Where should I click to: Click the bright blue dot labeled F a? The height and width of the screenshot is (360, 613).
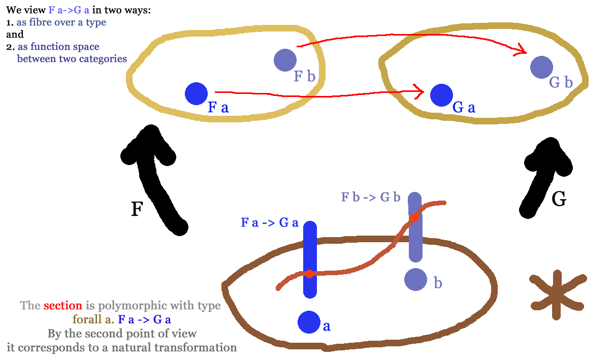click(x=196, y=93)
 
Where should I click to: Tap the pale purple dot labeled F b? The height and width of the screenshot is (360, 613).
click(x=285, y=60)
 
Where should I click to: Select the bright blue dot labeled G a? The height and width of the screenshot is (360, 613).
click(x=441, y=94)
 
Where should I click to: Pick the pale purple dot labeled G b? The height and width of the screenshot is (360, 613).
click(x=541, y=67)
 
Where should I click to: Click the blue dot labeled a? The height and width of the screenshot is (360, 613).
click(x=308, y=322)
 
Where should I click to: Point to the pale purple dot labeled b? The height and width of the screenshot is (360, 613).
click(x=415, y=278)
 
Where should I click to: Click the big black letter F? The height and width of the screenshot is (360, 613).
click(x=136, y=209)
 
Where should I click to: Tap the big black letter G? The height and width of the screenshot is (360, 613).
click(x=559, y=200)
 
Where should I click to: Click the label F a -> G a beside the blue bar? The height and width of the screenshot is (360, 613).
click(x=269, y=222)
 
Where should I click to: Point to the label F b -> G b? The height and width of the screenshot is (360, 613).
click(x=371, y=197)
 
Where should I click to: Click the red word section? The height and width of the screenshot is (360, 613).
click(x=62, y=306)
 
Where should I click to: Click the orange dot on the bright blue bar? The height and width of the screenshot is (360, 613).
click(x=309, y=274)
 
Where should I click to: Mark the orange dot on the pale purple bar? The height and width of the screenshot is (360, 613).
click(x=414, y=217)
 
